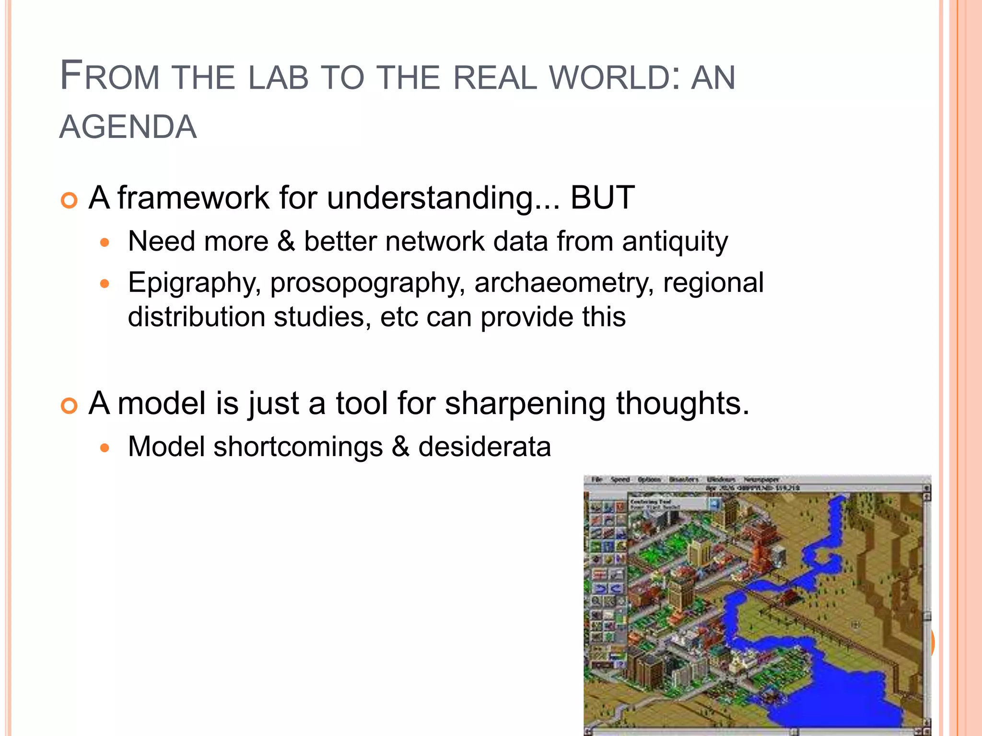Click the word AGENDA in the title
[128, 127]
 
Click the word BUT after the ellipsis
[602, 197]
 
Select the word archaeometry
[564, 283]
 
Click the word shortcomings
[298, 447]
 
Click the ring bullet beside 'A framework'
[70, 200]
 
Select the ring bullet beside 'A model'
[70, 406]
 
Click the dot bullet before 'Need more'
[105, 243]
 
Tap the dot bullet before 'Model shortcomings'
[105, 448]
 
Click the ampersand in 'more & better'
[286, 241]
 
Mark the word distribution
[197, 317]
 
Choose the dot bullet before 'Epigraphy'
[105, 284]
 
